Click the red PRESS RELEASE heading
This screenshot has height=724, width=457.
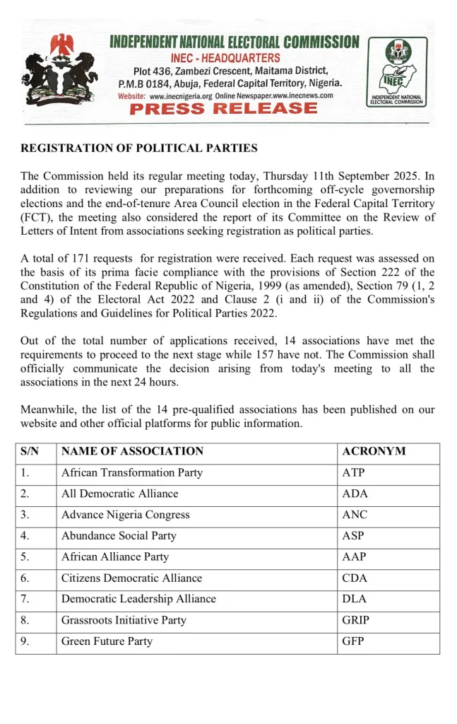pyautogui.click(x=224, y=109)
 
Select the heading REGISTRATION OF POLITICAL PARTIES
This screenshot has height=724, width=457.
pyautogui.click(x=139, y=148)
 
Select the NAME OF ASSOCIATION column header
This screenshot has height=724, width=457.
pyautogui.click(x=132, y=451)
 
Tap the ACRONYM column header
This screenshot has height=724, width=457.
pyautogui.click(x=374, y=451)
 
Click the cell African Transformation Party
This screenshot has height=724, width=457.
pyautogui.click(x=132, y=472)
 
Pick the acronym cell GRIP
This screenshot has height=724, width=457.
pyautogui.click(x=355, y=620)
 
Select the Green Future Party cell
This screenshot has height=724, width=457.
pyautogui.click(x=107, y=641)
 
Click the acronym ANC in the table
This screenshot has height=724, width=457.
pyautogui.click(x=355, y=515)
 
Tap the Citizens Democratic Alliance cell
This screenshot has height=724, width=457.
pyautogui.click(x=131, y=578)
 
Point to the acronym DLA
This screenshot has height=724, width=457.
pyautogui.click(x=354, y=599)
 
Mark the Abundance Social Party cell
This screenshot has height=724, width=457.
pyautogui.click(x=119, y=536)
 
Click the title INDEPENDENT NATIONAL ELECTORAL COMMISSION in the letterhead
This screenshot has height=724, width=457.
pyautogui.click(x=235, y=43)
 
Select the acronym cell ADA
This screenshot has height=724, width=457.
pyautogui.click(x=355, y=494)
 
